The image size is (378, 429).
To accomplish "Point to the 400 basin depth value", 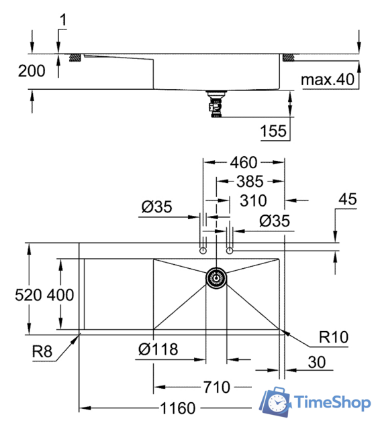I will click(62, 294).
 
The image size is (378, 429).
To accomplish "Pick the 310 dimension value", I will click(252, 200).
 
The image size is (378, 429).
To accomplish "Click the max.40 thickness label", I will click(326, 80).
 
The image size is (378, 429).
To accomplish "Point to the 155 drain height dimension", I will click(273, 130).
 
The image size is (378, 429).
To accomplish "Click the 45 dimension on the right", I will click(348, 200).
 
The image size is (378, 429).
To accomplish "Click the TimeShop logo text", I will click(332, 403).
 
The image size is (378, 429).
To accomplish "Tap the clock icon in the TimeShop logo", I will click(276, 402).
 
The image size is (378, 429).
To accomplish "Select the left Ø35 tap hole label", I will click(156, 207).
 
